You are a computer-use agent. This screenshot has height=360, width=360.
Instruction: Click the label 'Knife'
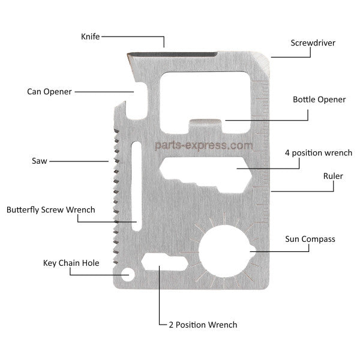(90, 37)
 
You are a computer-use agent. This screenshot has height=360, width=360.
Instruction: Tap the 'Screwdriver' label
(313, 43)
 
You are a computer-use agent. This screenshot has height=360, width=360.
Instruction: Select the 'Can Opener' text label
(49, 92)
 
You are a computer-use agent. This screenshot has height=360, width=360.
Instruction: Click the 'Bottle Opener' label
(319, 100)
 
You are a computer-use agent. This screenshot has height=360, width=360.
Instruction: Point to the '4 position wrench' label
(318, 153)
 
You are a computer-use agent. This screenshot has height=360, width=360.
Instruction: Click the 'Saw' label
(40, 161)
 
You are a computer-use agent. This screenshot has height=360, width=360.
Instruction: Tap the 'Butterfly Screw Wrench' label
(50, 210)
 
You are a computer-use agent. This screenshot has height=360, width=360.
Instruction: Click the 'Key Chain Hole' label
(71, 263)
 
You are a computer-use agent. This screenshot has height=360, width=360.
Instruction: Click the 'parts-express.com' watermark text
(203, 145)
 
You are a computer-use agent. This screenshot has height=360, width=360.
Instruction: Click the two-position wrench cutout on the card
(164, 263)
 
